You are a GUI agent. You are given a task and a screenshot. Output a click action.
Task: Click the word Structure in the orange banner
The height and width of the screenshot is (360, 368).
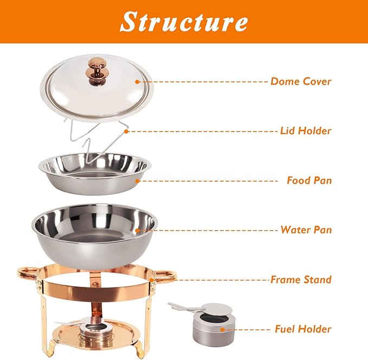[x=184, y=21]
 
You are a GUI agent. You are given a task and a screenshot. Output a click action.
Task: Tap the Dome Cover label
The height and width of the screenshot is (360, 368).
[x=301, y=82]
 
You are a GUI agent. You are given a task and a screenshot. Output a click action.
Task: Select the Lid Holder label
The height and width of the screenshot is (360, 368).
[x=306, y=130]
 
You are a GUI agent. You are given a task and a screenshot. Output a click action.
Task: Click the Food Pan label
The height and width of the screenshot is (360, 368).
[x=309, y=180]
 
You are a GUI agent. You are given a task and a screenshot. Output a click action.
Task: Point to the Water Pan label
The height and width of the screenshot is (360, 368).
[x=306, y=230]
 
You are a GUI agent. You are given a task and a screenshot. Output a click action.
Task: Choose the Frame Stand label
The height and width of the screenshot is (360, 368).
[x=301, y=280]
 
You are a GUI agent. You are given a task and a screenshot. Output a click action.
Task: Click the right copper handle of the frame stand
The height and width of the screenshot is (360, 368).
[x=165, y=276]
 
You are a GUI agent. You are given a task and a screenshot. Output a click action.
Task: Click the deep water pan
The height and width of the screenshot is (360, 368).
[x=94, y=227]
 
